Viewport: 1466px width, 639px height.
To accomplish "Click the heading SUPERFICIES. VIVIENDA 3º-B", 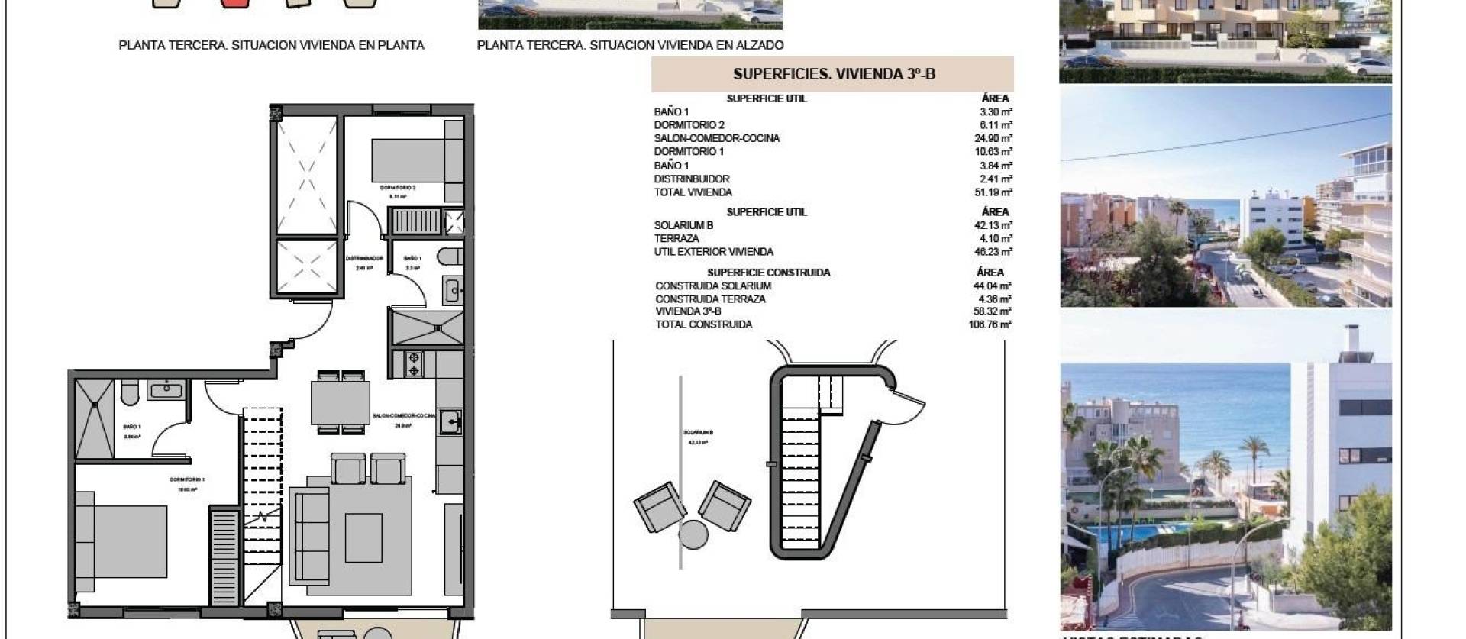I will coord(833,74).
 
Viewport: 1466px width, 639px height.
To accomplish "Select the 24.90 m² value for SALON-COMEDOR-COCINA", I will coord(993,138).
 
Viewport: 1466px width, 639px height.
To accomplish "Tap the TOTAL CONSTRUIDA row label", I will coord(703,324).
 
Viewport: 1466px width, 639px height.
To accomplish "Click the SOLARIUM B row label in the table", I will coord(683,225).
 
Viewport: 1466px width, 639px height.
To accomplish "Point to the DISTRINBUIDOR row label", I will coord(691,179).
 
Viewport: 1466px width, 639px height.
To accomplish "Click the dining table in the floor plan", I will coord(341,402).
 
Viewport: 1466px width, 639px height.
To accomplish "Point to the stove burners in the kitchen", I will coord(413,363).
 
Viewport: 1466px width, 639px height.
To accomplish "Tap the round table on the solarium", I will coord(693,534).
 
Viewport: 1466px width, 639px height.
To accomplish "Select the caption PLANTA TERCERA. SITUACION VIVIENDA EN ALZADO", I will coord(630,45).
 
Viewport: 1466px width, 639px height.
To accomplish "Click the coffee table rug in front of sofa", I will coord(363,537).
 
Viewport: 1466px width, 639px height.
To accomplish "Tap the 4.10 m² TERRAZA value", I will coord(996,238).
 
